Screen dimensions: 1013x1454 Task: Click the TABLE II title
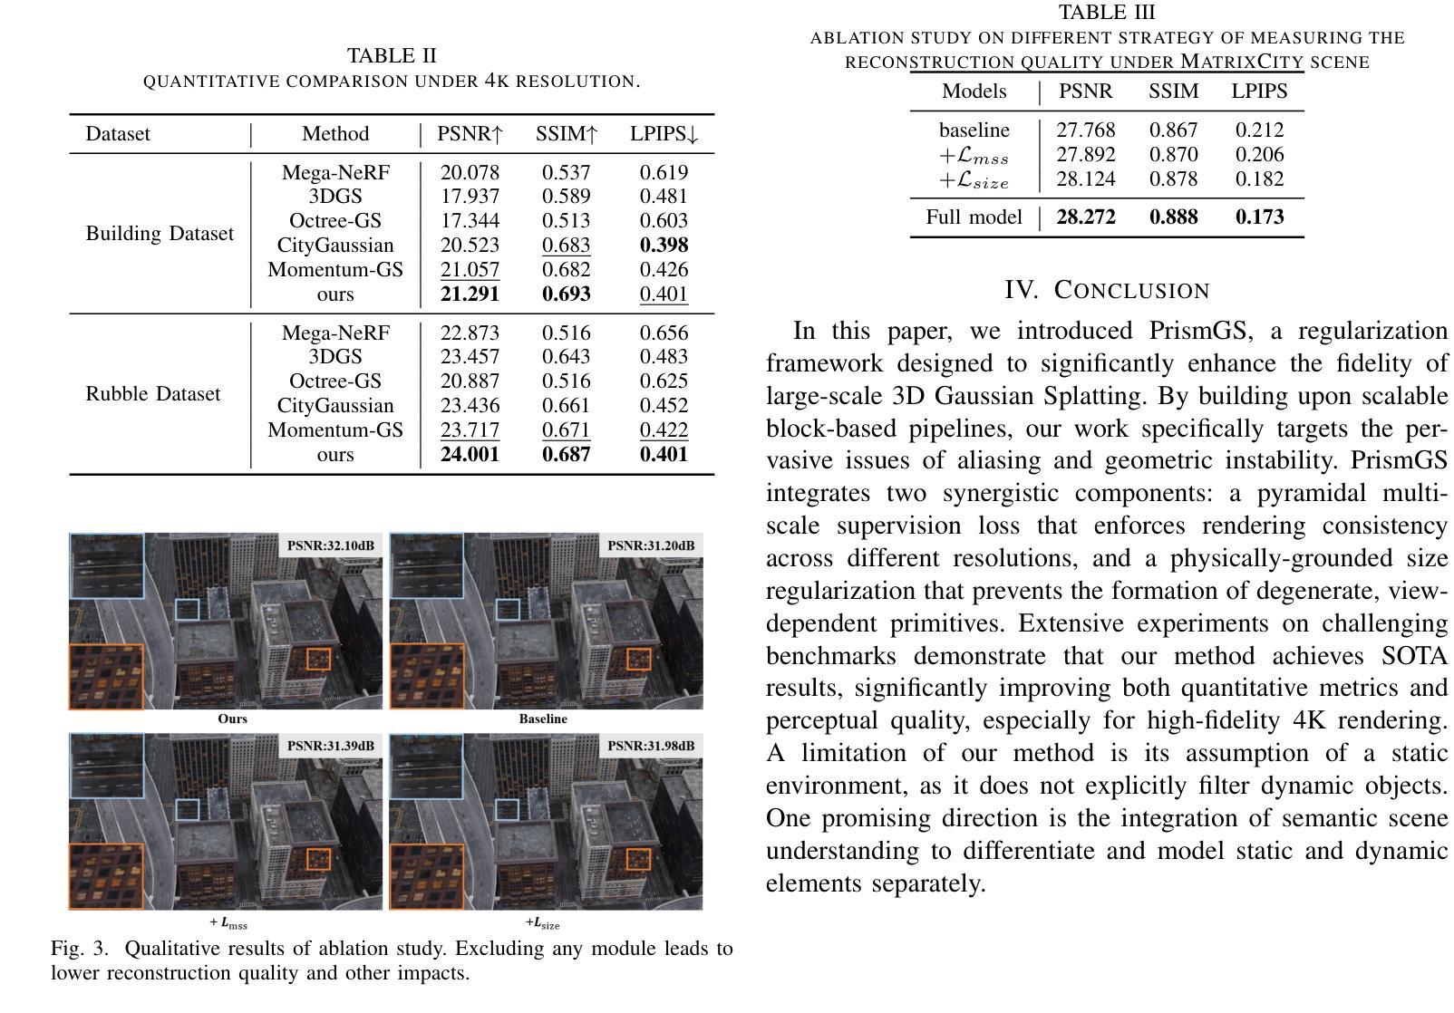[x=392, y=56]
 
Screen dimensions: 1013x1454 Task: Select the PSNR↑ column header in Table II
[x=470, y=134]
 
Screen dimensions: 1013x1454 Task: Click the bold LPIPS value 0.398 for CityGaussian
[x=664, y=246]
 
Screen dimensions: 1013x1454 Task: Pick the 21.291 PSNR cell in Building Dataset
[x=470, y=294]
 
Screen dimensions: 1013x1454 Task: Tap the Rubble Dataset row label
[x=152, y=394]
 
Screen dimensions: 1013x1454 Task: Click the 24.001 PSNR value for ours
[x=470, y=455]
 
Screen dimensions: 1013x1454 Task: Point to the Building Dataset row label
[x=160, y=234]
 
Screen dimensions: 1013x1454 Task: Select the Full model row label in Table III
[x=974, y=217]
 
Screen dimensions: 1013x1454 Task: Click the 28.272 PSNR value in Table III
[x=1086, y=217]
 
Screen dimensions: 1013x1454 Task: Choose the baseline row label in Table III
[x=974, y=130]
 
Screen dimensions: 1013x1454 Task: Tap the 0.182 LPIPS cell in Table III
[x=1259, y=179]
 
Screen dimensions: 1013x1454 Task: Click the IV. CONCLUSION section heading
[x=1107, y=291]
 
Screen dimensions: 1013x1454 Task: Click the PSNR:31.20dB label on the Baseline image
[x=650, y=545]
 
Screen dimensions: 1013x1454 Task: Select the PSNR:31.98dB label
[x=650, y=746]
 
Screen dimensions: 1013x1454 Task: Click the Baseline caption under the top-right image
[x=543, y=719]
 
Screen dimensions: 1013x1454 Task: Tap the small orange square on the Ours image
[x=319, y=660]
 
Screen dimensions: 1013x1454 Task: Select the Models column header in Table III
[x=974, y=92]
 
